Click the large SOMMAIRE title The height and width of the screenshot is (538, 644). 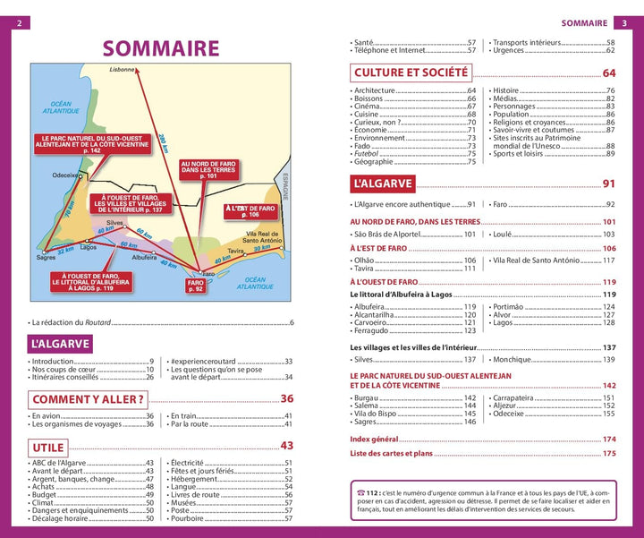(x=161, y=48)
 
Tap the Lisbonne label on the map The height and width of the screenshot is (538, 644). (x=123, y=69)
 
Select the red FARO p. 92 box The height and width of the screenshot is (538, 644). (x=196, y=286)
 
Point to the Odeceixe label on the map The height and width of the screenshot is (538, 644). (x=65, y=175)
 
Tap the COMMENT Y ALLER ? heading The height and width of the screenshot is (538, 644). (x=88, y=399)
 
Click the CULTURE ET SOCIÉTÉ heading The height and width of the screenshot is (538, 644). (x=411, y=73)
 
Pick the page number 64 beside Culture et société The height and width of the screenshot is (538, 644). (x=608, y=73)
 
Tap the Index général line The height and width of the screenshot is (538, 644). (x=377, y=440)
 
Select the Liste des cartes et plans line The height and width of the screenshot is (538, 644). (x=392, y=454)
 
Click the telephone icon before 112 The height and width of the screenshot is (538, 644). (x=360, y=492)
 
